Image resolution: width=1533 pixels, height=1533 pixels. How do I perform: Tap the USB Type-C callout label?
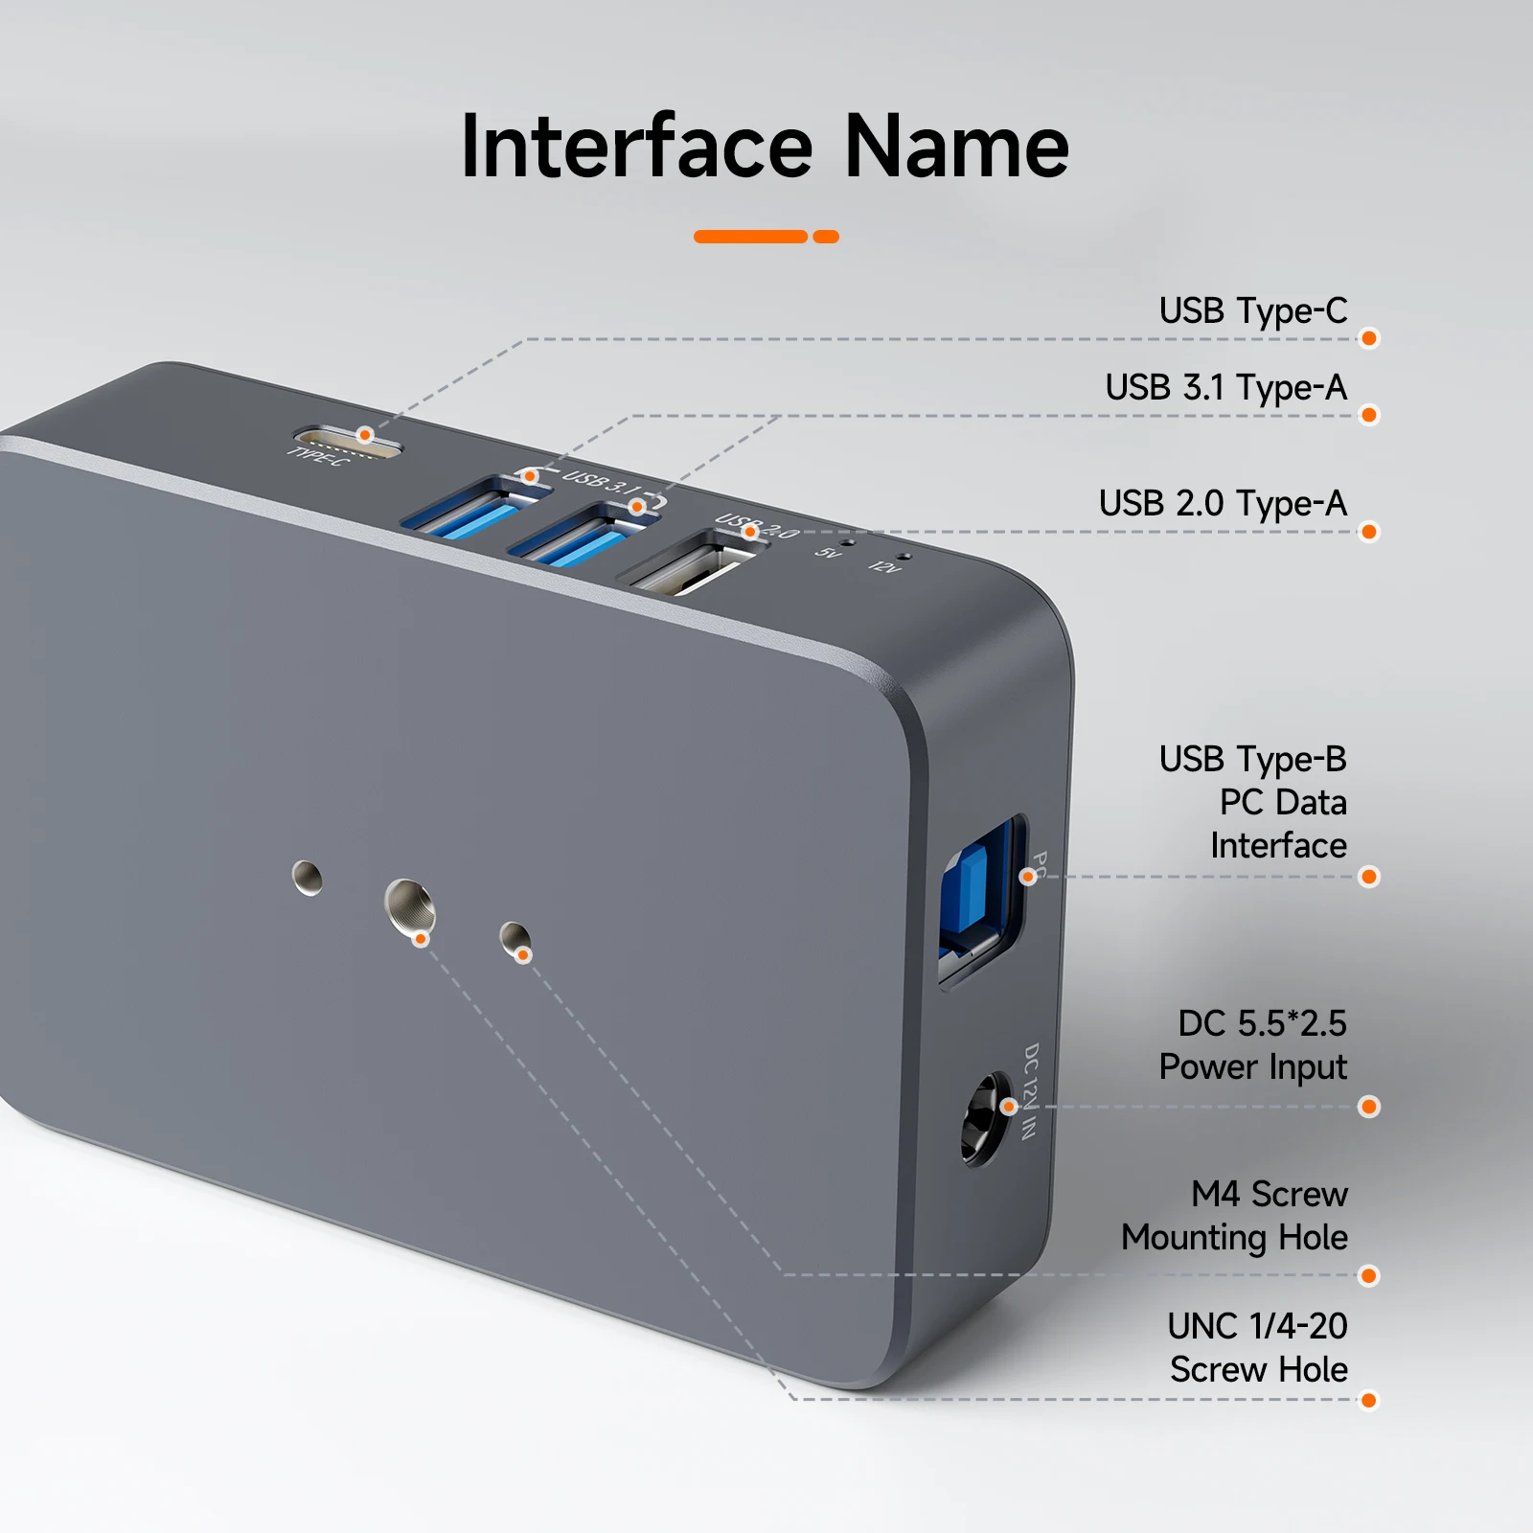pyautogui.click(x=1252, y=311)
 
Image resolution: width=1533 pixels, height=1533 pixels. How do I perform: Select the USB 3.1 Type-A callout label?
pyautogui.click(x=1225, y=388)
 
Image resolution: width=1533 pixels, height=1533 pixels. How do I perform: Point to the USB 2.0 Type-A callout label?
pyautogui.click(x=1223, y=504)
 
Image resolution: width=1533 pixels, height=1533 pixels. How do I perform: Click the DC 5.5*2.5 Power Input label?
pyautogui.click(x=1253, y=1045)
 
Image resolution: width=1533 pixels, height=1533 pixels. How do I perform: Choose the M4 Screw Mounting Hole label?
pyautogui.click(x=1235, y=1216)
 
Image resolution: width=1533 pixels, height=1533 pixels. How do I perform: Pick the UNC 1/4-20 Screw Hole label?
pyautogui.click(x=1258, y=1348)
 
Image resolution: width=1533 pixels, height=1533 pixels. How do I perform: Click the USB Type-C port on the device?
pyautogui.click(x=347, y=442)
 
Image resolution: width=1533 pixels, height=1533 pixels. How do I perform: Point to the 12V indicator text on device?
pyautogui.click(x=884, y=567)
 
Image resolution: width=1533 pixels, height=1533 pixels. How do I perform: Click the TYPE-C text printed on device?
pyautogui.click(x=320, y=458)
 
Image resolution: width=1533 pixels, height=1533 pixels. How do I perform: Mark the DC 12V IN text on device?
pyautogui.click(x=1030, y=1091)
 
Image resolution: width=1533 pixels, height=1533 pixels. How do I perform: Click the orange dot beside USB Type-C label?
pyautogui.click(x=1369, y=338)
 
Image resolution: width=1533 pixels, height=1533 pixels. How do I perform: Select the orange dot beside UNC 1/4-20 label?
pyautogui.click(x=1369, y=1401)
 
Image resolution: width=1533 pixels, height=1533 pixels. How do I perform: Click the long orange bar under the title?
pyautogui.click(x=751, y=237)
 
